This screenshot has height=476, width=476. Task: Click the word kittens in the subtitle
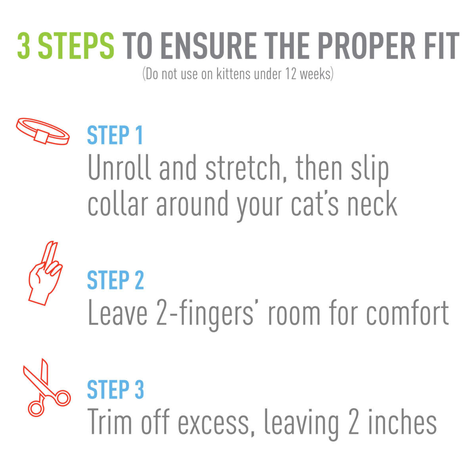point(234,74)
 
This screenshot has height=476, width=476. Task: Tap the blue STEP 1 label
point(115,136)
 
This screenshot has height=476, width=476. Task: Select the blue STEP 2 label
point(115,280)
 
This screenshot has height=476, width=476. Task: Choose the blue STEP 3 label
point(115,390)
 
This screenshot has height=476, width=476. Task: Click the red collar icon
point(43,131)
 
